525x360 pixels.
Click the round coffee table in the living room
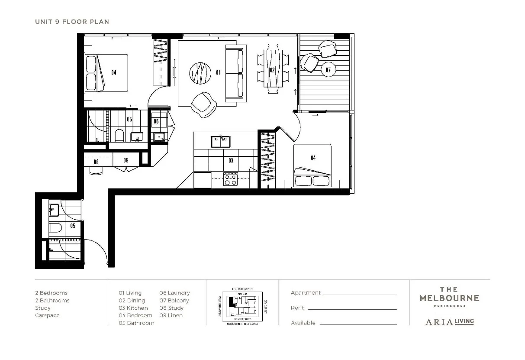(200, 73)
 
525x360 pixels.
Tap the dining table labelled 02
(273, 70)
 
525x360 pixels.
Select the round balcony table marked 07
(328, 70)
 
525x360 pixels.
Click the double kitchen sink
(221, 142)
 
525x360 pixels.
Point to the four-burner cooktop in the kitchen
(230, 179)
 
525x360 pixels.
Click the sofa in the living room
(234, 73)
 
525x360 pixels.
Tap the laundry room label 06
(156, 121)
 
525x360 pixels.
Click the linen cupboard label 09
(126, 160)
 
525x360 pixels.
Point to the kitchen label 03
(231, 160)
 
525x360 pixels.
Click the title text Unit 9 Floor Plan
(72, 22)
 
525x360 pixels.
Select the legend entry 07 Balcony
(174, 300)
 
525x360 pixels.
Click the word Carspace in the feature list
(47, 315)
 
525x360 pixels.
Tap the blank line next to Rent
(351, 308)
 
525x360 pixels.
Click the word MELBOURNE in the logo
(449, 298)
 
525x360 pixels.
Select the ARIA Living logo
(449, 321)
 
